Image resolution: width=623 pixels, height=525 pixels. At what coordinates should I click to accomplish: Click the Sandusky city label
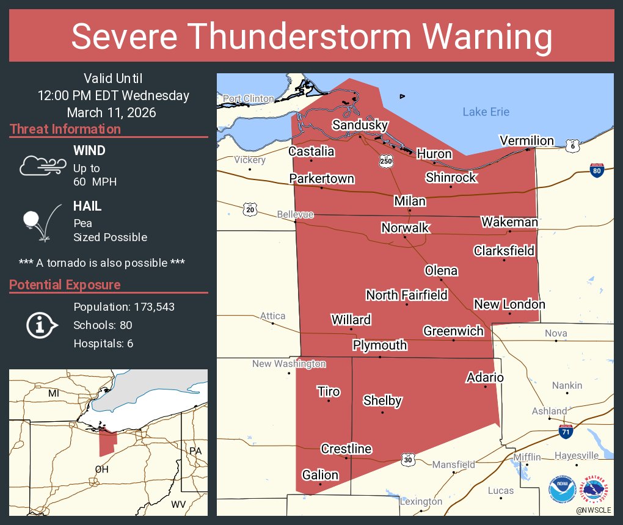click(x=360, y=125)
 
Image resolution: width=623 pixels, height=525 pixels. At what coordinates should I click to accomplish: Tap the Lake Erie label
click(x=486, y=112)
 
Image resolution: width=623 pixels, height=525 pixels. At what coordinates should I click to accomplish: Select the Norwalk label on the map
click(x=405, y=228)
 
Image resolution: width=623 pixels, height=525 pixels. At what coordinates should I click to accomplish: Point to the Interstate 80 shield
click(x=597, y=170)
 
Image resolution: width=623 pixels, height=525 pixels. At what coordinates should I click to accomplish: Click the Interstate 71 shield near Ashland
click(x=566, y=432)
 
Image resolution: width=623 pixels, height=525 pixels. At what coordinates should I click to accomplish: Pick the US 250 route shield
click(x=385, y=161)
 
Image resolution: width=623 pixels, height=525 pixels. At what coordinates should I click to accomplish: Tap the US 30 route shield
click(x=408, y=458)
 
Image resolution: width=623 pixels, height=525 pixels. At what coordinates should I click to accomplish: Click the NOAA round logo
click(x=561, y=490)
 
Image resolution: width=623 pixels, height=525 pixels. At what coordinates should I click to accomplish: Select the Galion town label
click(x=320, y=474)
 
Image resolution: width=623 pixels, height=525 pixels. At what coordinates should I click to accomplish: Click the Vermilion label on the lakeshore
click(x=526, y=140)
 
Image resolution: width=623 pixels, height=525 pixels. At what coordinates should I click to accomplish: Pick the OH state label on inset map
click(x=101, y=469)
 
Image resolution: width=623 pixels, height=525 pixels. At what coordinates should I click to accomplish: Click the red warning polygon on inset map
click(x=107, y=443)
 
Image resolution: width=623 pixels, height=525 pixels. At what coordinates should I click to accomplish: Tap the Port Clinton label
click(x=248, y=98)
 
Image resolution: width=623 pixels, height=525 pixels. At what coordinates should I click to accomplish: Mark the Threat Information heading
click(x=65, y=129)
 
